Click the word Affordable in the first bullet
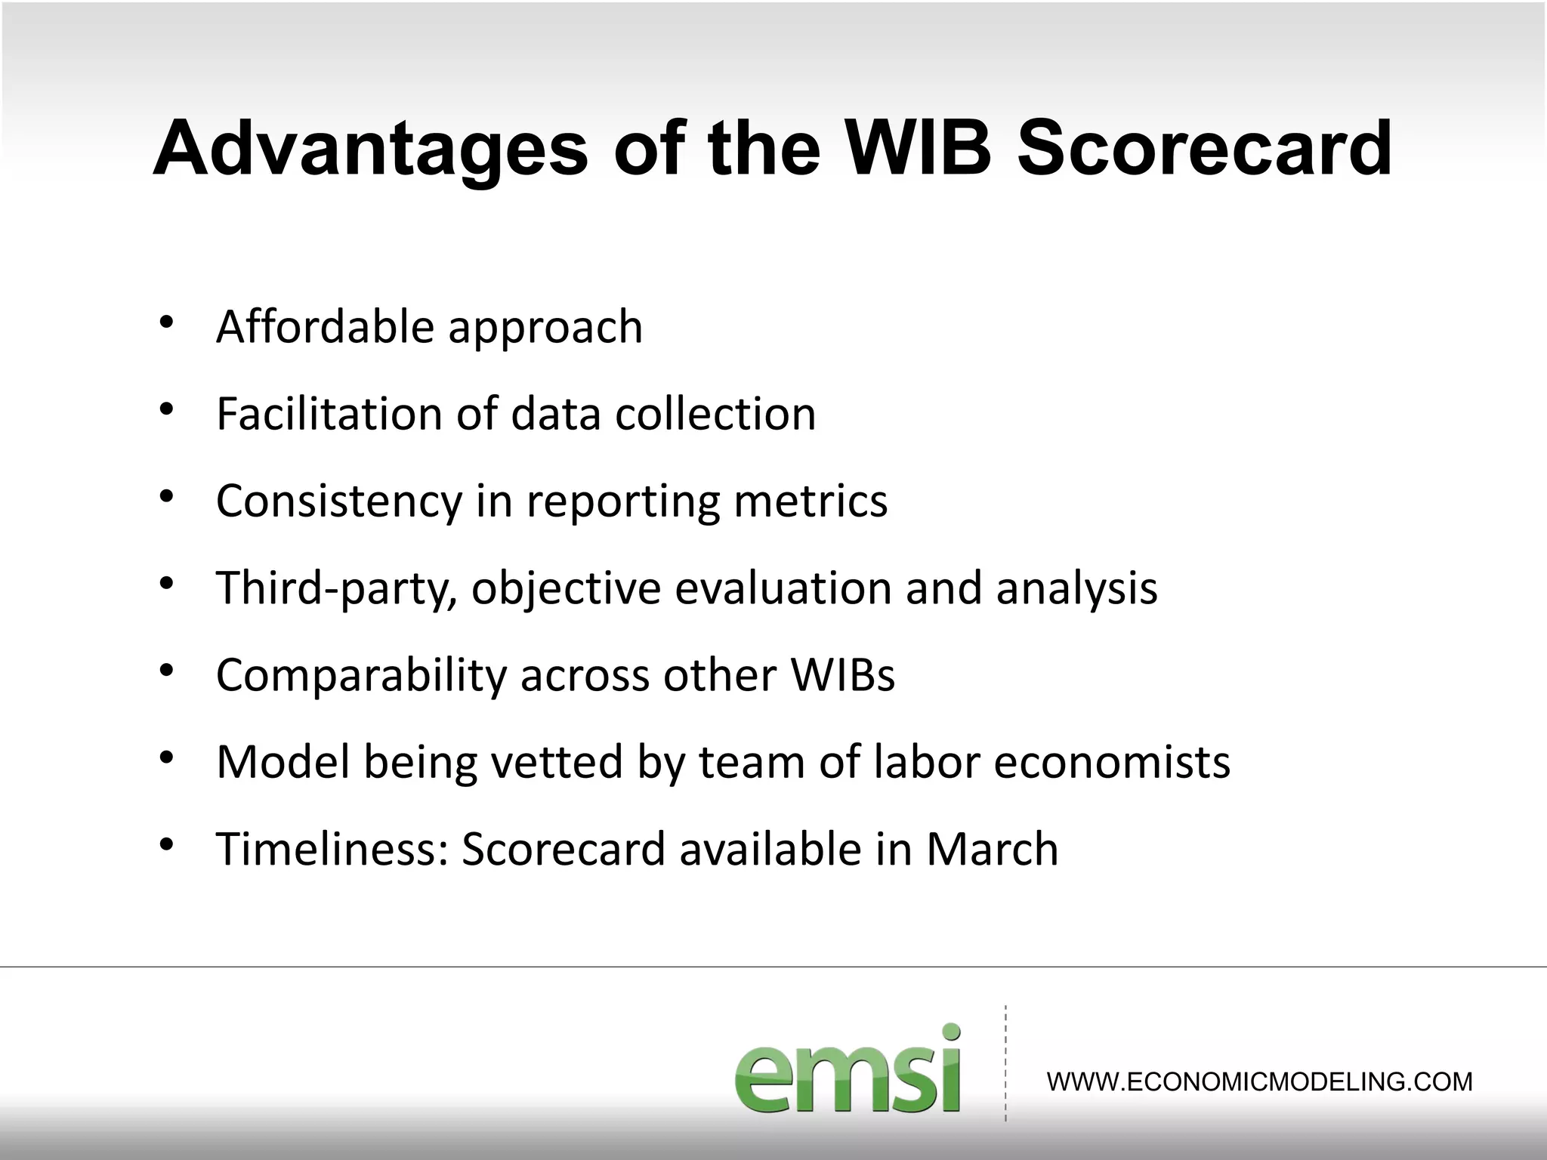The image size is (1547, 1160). [325, 326]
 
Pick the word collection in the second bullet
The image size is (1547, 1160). [715, 414]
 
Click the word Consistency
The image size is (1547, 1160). [338, 501]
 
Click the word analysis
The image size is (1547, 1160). [1076, 589]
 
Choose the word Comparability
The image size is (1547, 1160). [361, 675]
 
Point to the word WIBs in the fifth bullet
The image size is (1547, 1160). [843, 674]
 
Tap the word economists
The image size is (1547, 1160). [1112, 761]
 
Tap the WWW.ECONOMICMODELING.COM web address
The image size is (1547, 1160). [1259, 1082]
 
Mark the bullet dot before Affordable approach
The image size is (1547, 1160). [167, 322]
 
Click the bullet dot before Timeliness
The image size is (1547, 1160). [167, 844]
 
